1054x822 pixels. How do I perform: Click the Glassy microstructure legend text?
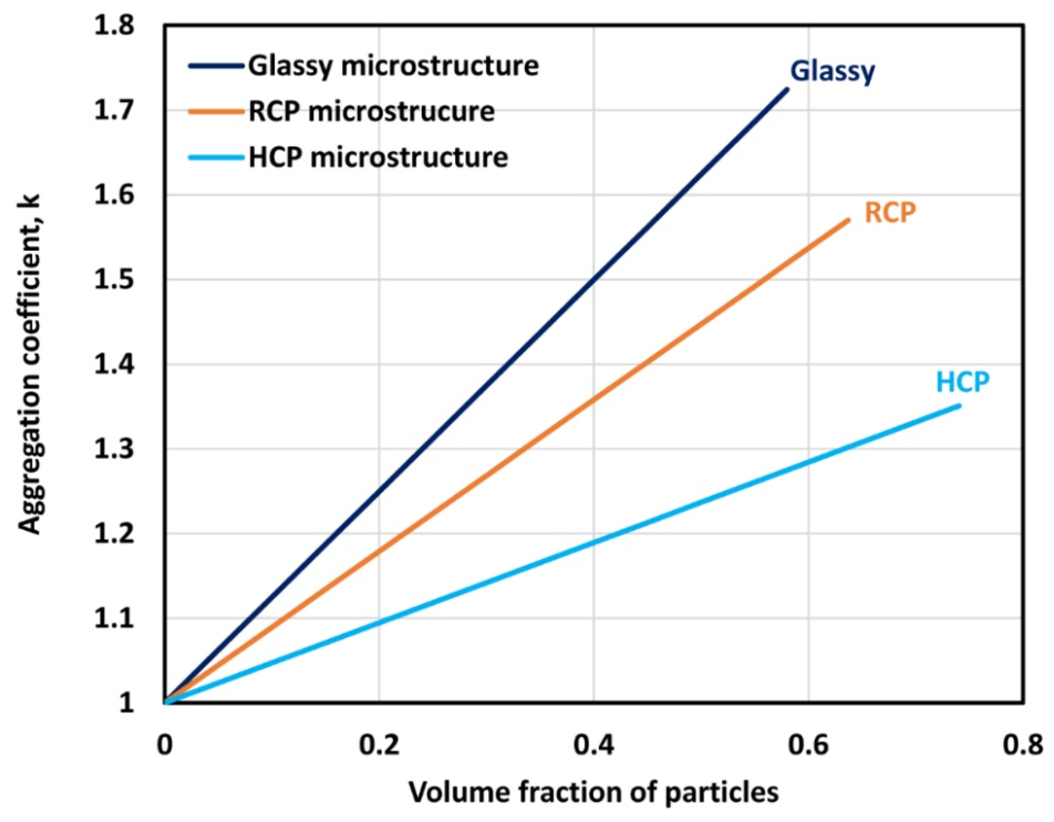pyautogui.click(x=393, y=66)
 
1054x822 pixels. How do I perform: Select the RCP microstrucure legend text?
pyautogui.click(x=371, y=112)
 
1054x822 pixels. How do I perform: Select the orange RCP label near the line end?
pyautogui.click(x=890, y=212)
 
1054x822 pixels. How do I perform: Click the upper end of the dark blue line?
pyautogui.click(x=787, y=89)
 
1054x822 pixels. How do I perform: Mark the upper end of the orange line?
pyautogui.click(x=848, y=220)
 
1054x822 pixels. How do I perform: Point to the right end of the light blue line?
pyautogui.click(x=959, y=406)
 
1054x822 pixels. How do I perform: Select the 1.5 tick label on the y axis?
pyautogui.click(x=114, y=280)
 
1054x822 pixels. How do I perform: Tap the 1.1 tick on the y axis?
pyautogui.click(x=114, y=619)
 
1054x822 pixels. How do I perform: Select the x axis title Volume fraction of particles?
pyautogui.click(x=594, y=793)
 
